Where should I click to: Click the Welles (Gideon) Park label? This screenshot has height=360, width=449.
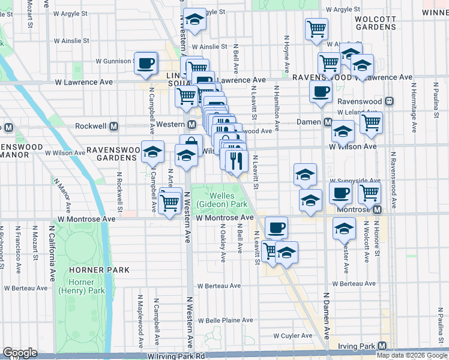pos(228,200)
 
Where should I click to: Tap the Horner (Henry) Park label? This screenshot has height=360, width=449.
pos(80,286)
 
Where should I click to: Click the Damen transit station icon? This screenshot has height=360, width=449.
pos(328,122)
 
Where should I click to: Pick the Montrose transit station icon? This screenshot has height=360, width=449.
pos(377,209)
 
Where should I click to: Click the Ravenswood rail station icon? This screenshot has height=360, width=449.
pos(390,101)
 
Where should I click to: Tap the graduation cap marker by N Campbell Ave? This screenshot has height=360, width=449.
pos(152,152)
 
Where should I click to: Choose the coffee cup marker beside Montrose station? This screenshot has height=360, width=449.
pos(340,193)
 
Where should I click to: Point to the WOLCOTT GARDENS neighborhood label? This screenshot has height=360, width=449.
pos(376,23)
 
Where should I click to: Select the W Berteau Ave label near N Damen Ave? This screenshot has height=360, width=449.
pos(353,283)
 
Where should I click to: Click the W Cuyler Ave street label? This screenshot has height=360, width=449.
pos(293,336)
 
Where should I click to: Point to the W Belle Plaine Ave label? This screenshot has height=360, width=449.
pos(229,320)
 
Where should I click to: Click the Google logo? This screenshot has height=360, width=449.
pos(20,353)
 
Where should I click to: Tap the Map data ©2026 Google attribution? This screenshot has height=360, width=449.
pos(412,355)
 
